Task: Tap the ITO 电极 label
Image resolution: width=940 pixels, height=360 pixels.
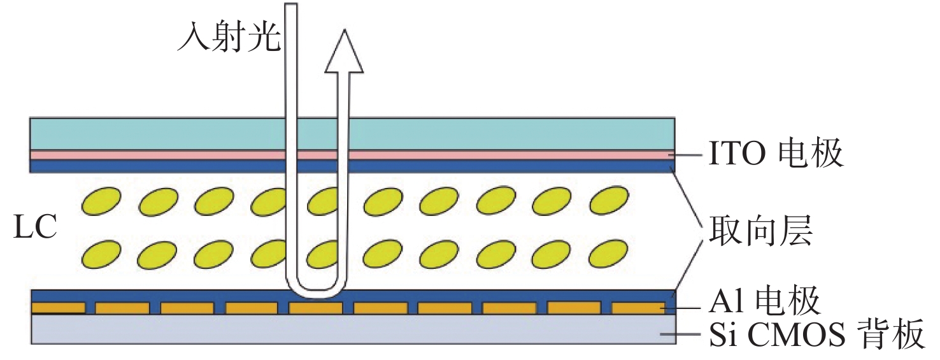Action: (x=776, y=154)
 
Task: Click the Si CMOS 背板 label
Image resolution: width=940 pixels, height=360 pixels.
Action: (x=816, y=335)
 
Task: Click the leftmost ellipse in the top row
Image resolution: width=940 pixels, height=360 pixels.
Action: (x=101, y=201)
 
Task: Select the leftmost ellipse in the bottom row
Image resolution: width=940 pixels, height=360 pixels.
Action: (x=101, y=254)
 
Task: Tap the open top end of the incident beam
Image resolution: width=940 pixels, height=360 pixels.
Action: (x=290, y=6)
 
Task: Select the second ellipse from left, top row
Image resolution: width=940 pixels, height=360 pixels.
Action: (x=157, y=201)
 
